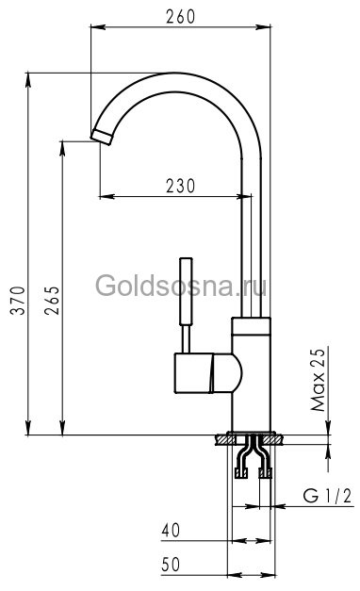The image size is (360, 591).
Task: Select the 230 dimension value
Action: tap(176, 186)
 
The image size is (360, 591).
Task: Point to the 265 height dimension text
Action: tap(53, 303)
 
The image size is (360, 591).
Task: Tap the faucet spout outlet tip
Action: tap(102, 134)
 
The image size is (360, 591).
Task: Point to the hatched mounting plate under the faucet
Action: tap(250, 438)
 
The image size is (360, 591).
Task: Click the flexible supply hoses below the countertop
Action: tap(251, 462)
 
